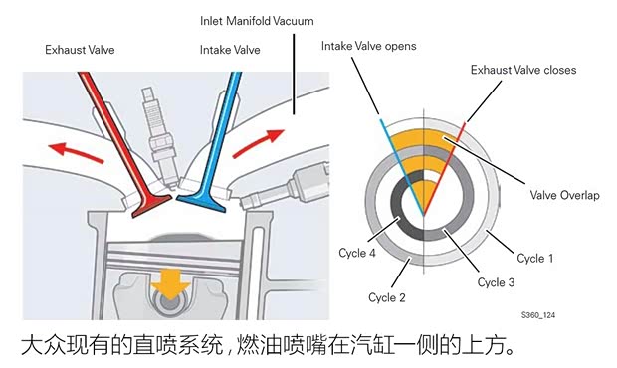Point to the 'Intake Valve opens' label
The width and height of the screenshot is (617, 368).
tap(368, 46)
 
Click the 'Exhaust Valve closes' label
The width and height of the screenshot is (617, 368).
tap(523, 70)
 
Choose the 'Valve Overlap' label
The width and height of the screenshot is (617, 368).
tap(564, 195)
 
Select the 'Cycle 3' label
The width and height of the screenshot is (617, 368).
tap(496, 282)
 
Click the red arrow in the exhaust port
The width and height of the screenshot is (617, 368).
tap(75, 150)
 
